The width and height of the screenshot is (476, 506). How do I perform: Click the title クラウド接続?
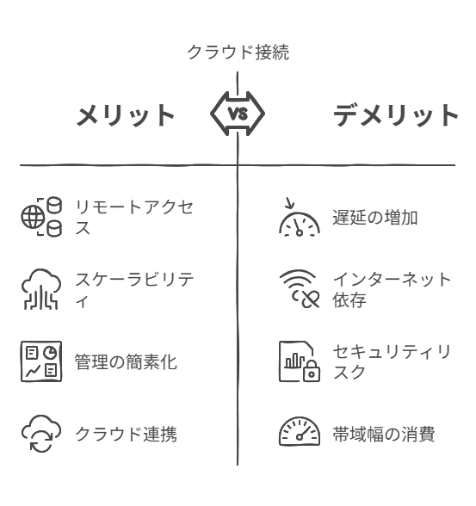pyautogui.click(x=238, y=52)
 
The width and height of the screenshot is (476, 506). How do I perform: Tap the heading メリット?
pyautogui.click(x=126, y=115)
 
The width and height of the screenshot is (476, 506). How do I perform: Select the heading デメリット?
pyautogui.click(x=396, y=115)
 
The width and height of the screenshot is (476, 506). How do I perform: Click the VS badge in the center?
pyautogui.click(x=238, y=114)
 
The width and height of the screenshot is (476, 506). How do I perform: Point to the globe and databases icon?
pyautogui.click(x=41, y=217)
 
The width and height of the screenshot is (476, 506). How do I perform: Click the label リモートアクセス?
pyautogui.click(x=134, y=217)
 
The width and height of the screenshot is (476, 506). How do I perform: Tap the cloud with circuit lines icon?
pyautogui.click(x=41, y=289)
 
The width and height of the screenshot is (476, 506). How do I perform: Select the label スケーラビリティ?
pyautogui.click(x=134, y=289)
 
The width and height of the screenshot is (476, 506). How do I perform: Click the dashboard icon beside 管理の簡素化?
pyautogui.click(x=41, y=361)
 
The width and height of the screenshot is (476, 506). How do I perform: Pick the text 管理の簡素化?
pyautogui.click(x=126, y=361)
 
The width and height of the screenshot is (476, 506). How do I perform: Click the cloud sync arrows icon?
pyautogui.click(x=41, y=434)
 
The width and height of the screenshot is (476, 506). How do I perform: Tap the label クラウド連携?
pyautogui.click(x=126, y=434)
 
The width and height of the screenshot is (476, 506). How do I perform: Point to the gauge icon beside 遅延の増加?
pyautogui.click(x=300, y=217)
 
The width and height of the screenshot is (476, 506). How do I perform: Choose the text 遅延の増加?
pyautogui.click(x=375, y=217)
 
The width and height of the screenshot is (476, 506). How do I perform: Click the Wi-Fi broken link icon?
pyautogui.click(x=300, y=289)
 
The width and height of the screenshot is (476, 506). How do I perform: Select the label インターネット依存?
pyautogui.click(x=392, y=289)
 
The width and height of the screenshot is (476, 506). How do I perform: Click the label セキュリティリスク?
pyautogui.click(x=392, y=361)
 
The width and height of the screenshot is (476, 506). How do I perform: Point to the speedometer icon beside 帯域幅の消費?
pyautogui.click(x=300, y=431)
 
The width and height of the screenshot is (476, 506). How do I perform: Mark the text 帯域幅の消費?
pyautogui.click(x=384, y=434)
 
